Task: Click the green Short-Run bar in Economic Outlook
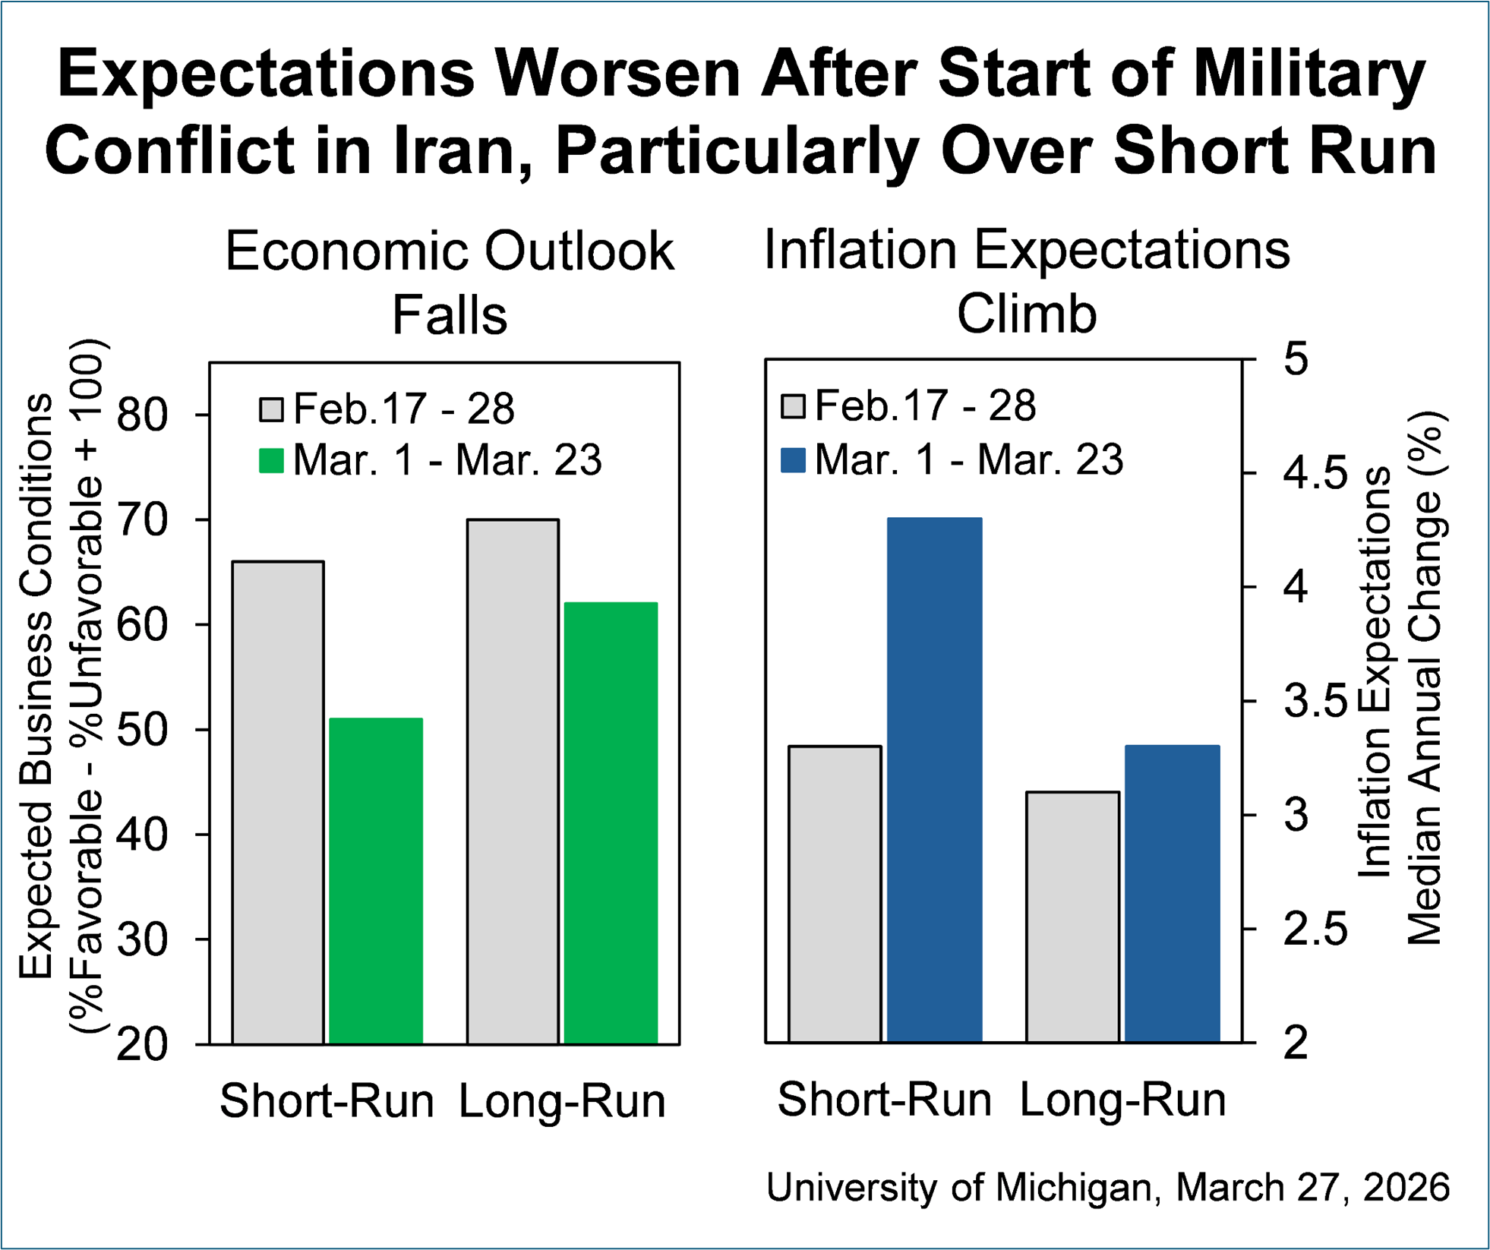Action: pyautogui.click(x=376, y=881)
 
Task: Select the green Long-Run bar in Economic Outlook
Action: pyautogui.click(x=611, y=823)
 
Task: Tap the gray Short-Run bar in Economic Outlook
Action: pyautogui.click(x=278, y=803)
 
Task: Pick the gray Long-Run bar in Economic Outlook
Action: pyautogui.click(x=513, y=781)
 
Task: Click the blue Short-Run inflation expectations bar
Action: pyautogui.click(x=935, y=780)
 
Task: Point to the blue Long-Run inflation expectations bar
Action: pyautogui.click(x=1173, y=894)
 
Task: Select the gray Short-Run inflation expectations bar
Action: pyautogui.click(x=835, y=894)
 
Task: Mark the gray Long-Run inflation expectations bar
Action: pyautogui.click(x=1073, y=917)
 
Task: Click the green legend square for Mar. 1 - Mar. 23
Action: pyautogui.click(x=271, y=461)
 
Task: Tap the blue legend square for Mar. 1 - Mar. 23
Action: pyautogui.click(x=793, y=461)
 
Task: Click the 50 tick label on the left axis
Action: pyautogui.click(x=142, y=730)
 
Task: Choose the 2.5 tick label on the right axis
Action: pyautogui.click(x=1315, y=929)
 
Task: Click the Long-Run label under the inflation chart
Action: pyautogui.click(x=1122, y=1099)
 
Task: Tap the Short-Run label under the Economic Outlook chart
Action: pyautogui.click(x=327, y=1100)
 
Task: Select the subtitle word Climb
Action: pyautogui.click(x=1027, y=313)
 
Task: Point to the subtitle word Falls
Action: pyautogui.click(x=450, y=314)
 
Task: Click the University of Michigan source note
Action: pyautogui.click(x=1107, y=1187)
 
